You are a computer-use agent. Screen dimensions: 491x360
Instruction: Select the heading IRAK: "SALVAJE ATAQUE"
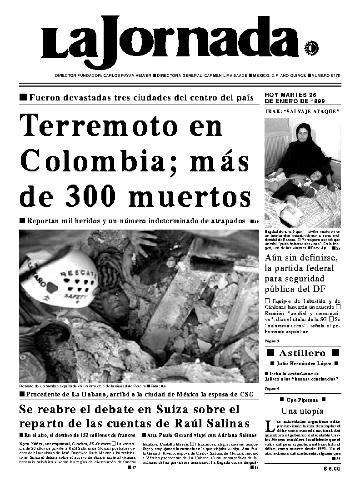[302, 112]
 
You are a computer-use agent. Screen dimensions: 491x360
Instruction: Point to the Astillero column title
[302, 353]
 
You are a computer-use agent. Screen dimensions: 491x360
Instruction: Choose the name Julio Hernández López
[302, 364]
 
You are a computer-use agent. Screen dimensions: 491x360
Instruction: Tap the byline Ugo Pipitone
[302, 401]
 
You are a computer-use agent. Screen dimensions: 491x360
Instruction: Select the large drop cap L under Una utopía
[270, 426]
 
